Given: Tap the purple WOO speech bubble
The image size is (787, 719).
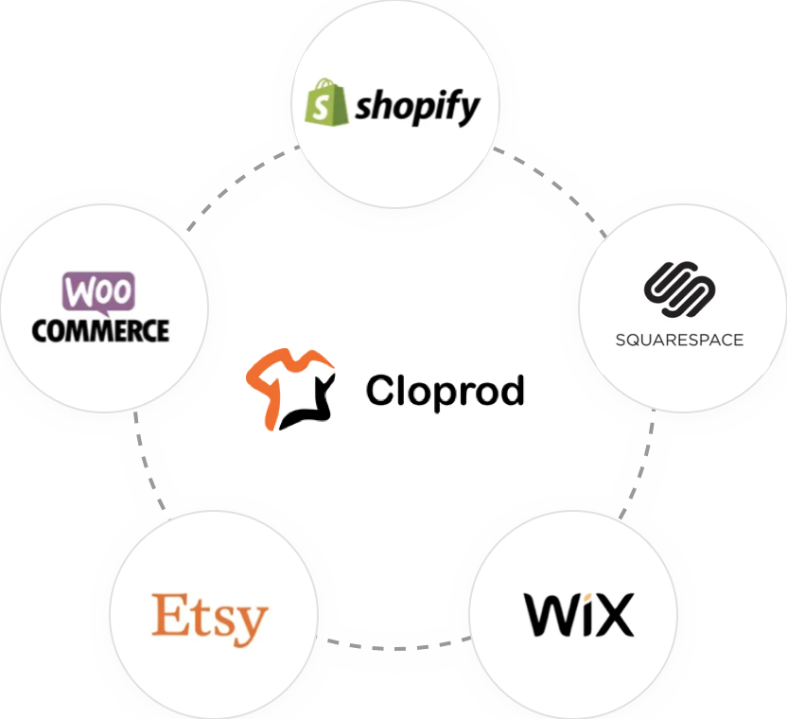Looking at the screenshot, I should point(98,291).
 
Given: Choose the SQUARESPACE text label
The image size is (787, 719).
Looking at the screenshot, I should point(679,340).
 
